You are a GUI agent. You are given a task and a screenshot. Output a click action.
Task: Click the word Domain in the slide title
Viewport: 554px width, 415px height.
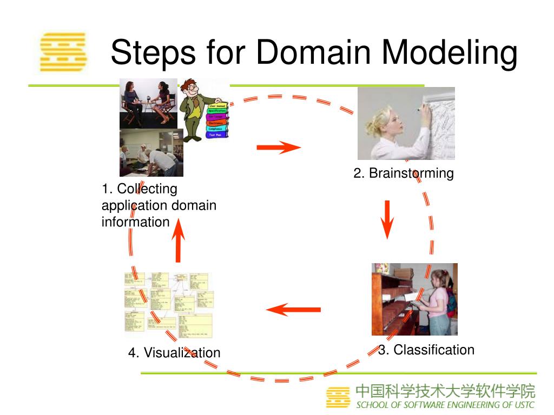tap(313, 53)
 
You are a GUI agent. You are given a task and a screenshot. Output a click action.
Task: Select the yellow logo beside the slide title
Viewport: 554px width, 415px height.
tap(63, 52)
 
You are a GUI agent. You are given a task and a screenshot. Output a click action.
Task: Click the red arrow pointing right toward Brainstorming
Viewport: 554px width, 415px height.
tap(278, 147)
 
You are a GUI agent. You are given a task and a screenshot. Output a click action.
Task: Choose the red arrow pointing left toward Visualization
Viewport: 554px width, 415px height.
tap(293, 310)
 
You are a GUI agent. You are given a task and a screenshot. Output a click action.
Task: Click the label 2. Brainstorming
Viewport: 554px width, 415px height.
tap(403, 173)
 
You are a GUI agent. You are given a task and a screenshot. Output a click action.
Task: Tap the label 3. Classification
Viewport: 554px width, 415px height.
tap(426, 350)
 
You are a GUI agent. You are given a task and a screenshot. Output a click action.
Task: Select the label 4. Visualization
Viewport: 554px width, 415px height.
tap(174, 352)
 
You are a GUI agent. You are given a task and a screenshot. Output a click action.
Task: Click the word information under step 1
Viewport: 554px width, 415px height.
tap(135, 222)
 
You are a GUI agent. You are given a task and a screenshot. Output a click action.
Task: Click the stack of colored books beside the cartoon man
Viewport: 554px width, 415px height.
tap(219, 120)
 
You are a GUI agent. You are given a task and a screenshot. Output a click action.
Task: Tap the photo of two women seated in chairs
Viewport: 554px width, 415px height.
tap(148, 103)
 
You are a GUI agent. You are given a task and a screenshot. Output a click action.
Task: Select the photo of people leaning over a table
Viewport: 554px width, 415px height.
tap(151, 153)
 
